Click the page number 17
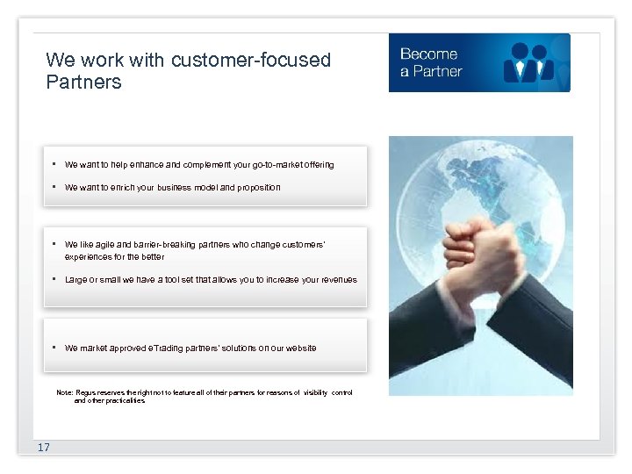(x=44, y=448)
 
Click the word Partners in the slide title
(x=83, y=83)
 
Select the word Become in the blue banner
(x=428, y=54)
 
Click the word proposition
(x=256, y=187)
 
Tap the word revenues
(x=338, y=280)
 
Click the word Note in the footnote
(x=63, y=392)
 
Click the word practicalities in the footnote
(x=124, y=400)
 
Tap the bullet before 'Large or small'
(x=54, y=279)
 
